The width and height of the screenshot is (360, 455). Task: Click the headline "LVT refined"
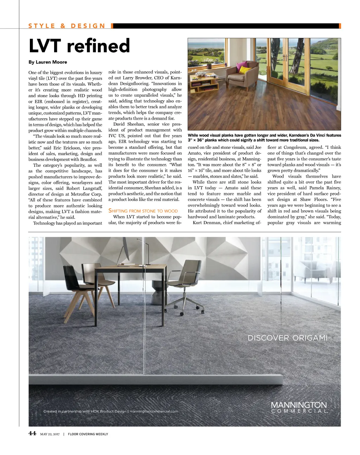[x=79, y=46]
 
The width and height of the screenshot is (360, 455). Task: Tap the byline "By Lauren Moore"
[x=48, y=62]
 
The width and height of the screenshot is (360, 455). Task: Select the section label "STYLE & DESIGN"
[x=67, y=26]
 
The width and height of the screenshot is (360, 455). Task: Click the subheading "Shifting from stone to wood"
[x=143, y=211]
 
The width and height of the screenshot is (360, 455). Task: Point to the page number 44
[x=32, y=433]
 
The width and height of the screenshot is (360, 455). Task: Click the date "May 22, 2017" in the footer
[x=50, y=434]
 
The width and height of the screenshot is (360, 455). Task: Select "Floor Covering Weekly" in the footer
[x=88, y=434]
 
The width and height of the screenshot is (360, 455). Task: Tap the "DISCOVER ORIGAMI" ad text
[x=287, y=338]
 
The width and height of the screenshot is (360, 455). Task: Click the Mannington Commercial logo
[x=299, y=407]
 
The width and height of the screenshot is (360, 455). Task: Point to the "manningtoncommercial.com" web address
[x=154, y=411]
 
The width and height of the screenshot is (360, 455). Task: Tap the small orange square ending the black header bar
[x=340, y=26]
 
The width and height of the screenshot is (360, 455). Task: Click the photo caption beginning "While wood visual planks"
[x=264, y=138]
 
